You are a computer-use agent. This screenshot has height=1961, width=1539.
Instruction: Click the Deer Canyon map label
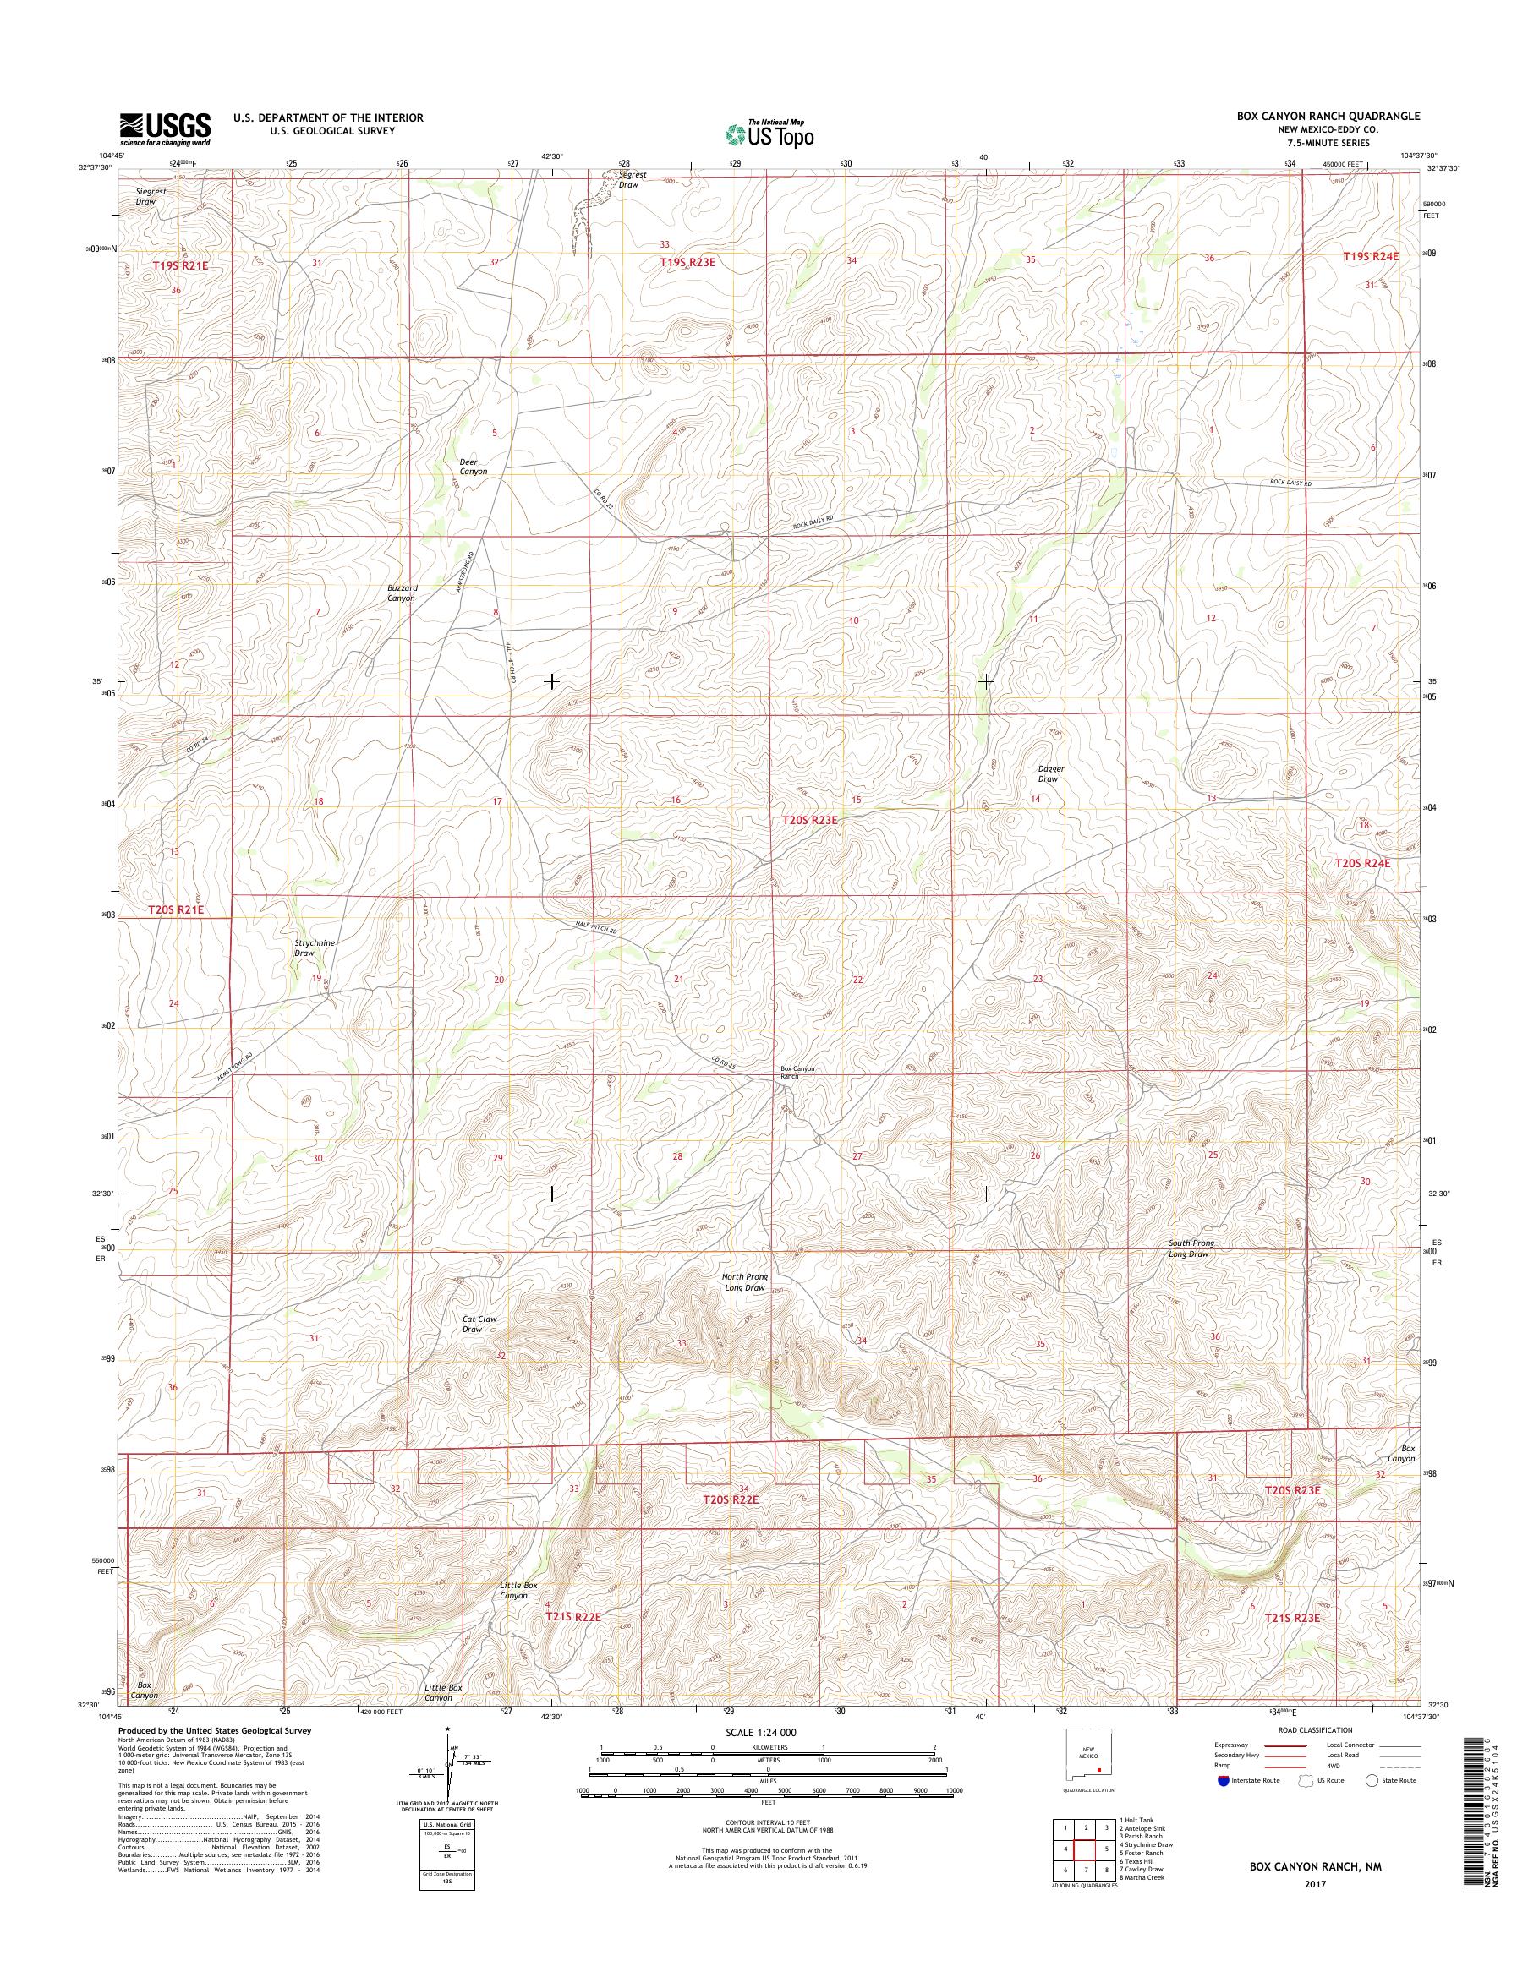pyautogui.click(x=473, y=466)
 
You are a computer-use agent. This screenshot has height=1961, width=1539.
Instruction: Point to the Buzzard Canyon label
pyautogui.click(x=401, y=592)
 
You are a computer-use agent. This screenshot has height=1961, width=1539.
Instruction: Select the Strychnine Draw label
pyautogui.click(x=315, y=948)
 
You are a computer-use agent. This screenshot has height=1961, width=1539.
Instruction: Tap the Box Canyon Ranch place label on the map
pyautogui.click(x=797, y=1072)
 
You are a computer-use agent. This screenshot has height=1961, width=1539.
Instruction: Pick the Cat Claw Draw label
pyautogui.click(x=479, y=1325)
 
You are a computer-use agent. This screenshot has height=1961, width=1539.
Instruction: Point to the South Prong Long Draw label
pyautogui.click(x=1191, y=1248)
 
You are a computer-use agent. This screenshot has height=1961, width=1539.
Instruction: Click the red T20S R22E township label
pyautogui.click(x=731, y=1499)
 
